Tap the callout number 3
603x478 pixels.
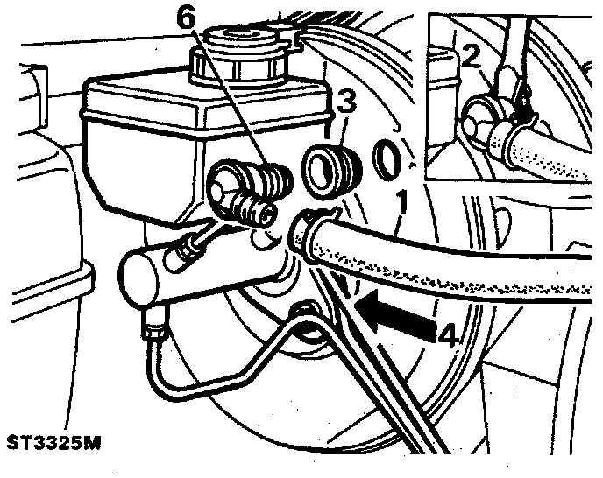click(x=345, y=103)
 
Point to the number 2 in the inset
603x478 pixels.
click(x=471, y=57)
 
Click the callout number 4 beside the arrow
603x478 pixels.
click(x=448, y=334)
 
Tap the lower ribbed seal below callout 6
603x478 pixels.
click(x=253, y=210)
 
